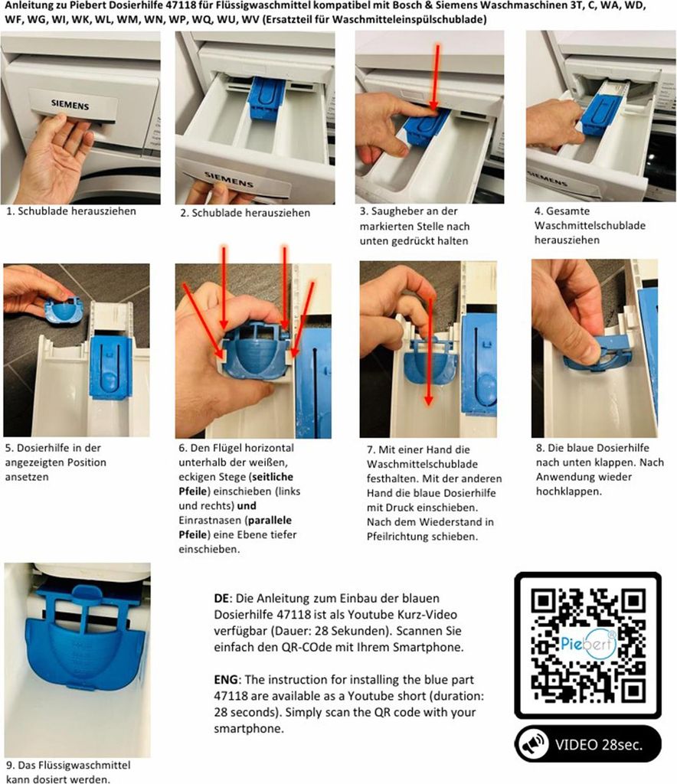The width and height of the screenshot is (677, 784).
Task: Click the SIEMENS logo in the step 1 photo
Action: coord(70,104)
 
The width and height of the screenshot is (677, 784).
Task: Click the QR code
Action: coord(588,645)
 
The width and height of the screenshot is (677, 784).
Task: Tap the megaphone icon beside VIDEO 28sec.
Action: coord(532,744)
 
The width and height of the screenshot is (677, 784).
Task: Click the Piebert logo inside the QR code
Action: coord(588,643)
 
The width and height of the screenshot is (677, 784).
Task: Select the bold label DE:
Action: coord(223,599)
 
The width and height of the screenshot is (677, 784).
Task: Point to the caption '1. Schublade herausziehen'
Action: coord(71,211)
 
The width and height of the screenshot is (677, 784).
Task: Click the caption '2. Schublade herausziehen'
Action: coord(245,213)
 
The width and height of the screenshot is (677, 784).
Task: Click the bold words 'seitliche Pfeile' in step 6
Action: coord(236,484)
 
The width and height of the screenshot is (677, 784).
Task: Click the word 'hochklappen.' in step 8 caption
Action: coord(569,492)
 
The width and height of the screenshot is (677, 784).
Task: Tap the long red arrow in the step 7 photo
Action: coord(429,351)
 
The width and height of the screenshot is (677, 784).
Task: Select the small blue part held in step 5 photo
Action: coord(64,312)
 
